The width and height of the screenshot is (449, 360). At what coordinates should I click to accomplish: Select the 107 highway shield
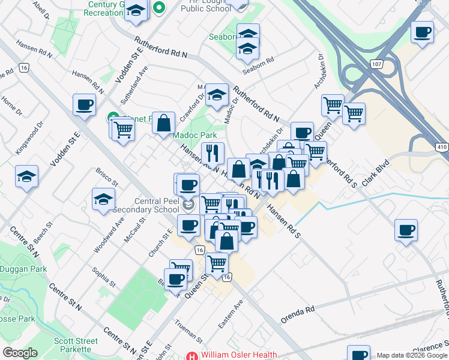pos(376,64)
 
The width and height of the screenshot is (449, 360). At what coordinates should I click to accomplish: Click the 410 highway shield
pos(440,146)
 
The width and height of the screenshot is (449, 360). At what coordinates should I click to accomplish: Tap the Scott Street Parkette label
pos(76,345)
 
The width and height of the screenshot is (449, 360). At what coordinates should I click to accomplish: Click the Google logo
pos(20,353)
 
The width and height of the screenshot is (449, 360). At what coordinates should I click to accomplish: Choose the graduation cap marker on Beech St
pos(27,176)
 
